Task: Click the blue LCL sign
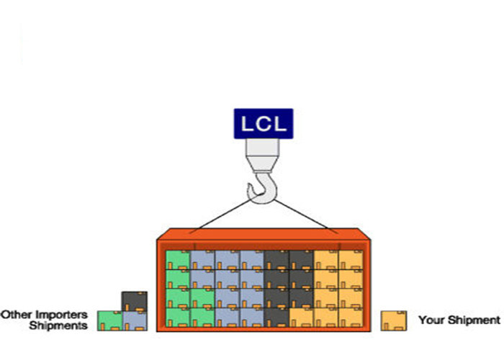click(264, 122)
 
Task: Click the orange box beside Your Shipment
click(394, 320)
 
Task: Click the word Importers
click(63, 315)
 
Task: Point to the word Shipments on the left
click(58, 325)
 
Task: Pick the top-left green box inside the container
click(178, 259)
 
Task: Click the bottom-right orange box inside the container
click(351, 317)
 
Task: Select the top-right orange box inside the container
click(351, 259)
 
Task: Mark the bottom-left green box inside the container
click(178, 317)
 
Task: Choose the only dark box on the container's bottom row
click(277, 317)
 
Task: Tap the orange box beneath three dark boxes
click(302, 317)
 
